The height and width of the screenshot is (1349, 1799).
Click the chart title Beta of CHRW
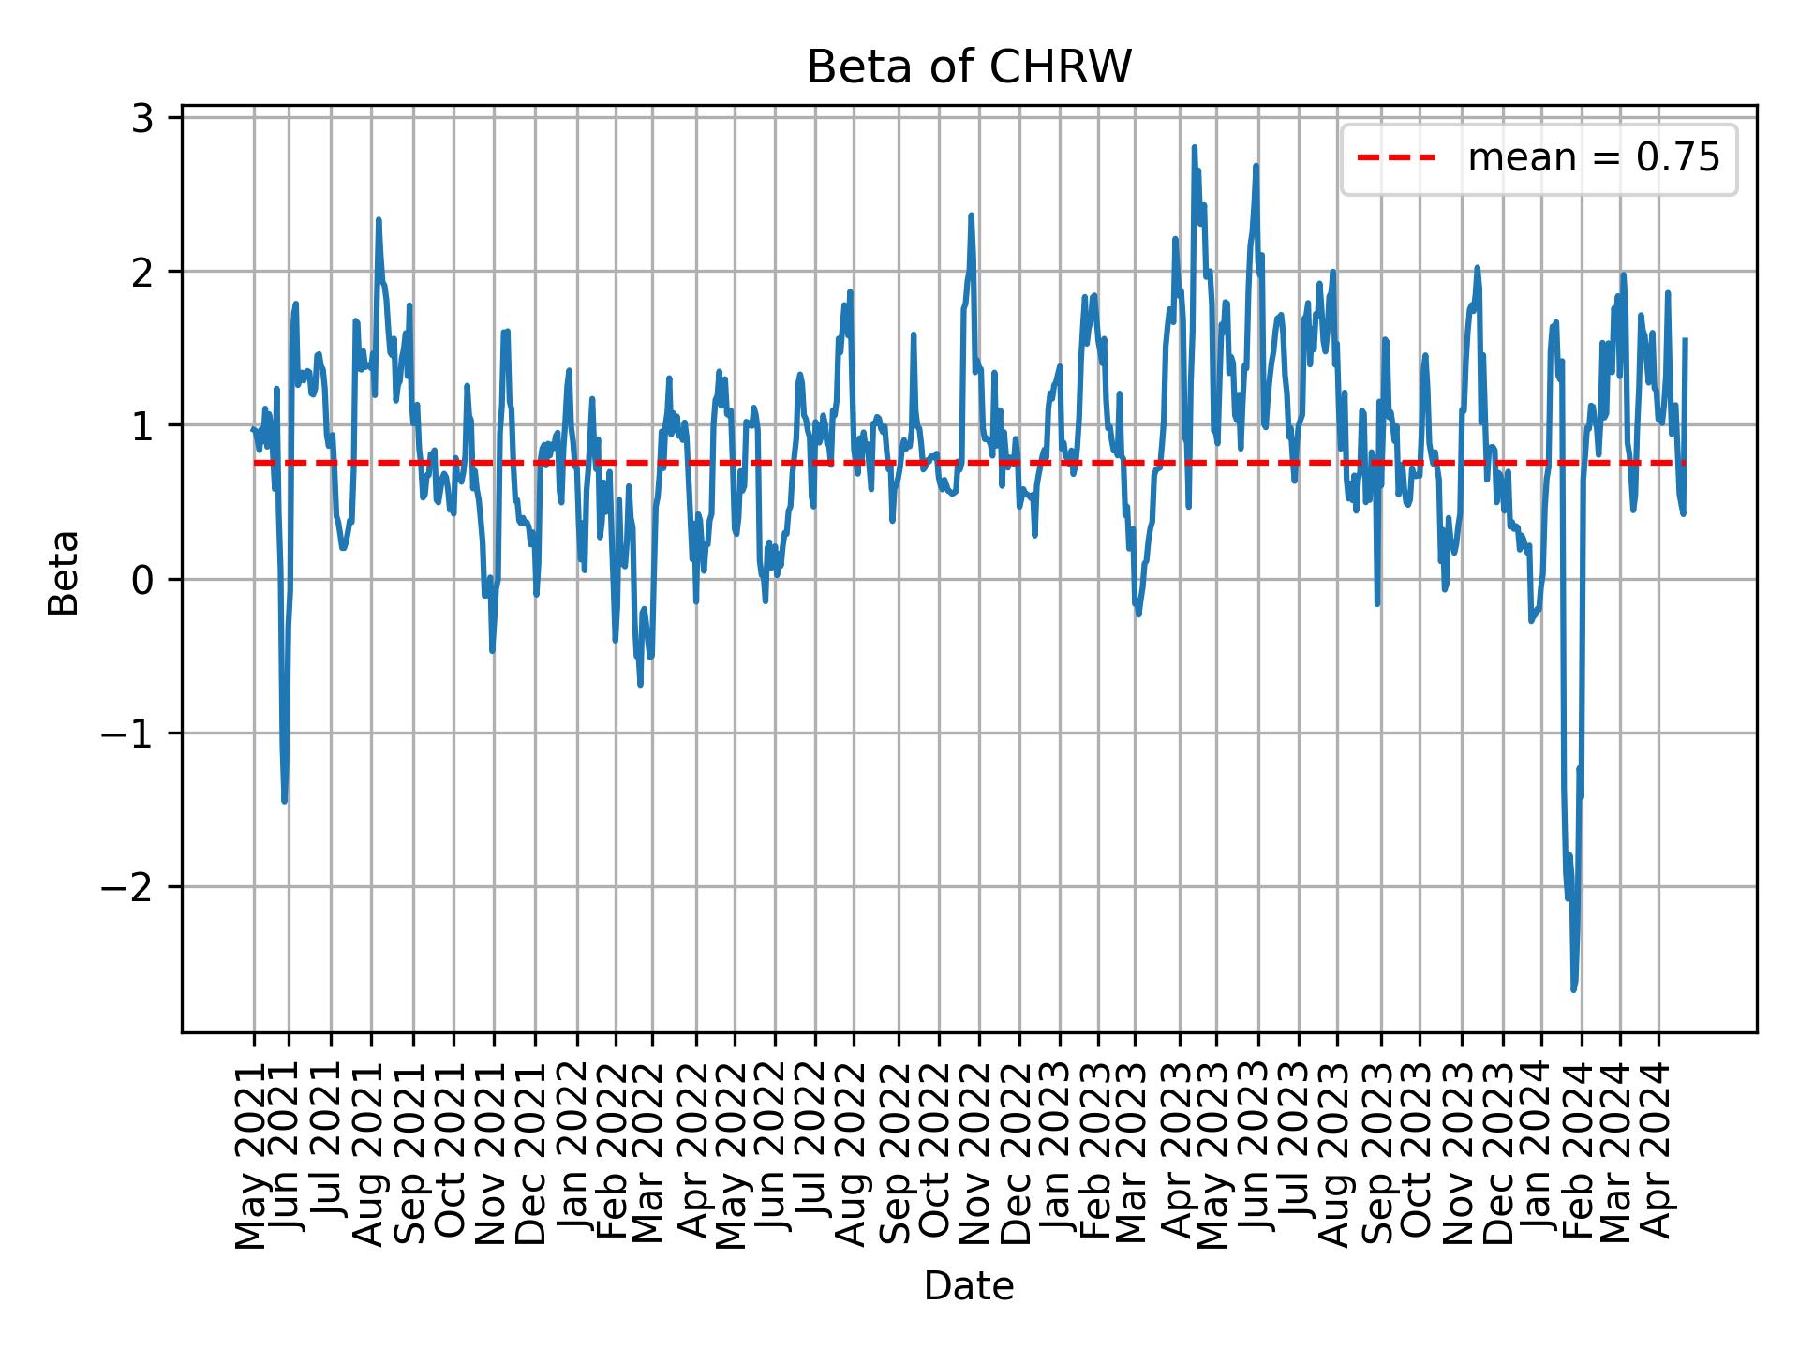coord(969,67)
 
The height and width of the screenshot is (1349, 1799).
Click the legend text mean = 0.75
coord(1593,159)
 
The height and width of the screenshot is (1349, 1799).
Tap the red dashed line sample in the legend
coord(1396,159)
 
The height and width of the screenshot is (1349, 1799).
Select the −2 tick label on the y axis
coord(127,887)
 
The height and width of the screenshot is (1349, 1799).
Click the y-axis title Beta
coord(64,572)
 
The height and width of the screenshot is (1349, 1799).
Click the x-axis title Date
coord(969,1286)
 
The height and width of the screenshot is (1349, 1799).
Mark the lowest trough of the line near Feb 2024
coord(1573,989)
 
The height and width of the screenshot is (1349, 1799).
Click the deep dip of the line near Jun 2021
coord(284,802)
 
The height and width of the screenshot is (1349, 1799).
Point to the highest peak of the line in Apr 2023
coord(1194,147)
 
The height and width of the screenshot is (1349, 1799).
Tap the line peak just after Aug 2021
coord(378,219)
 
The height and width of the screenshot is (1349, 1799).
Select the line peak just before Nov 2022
coord(971,215)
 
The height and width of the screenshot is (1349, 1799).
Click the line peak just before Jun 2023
coord(1256,166)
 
